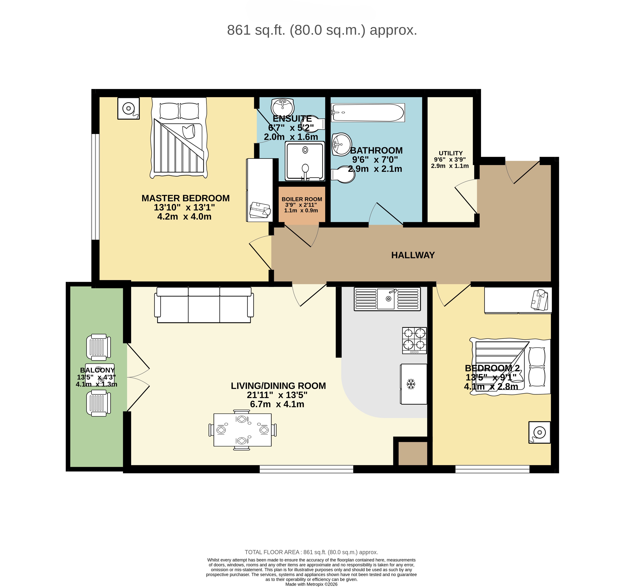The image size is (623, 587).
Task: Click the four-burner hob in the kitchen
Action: [414, 341]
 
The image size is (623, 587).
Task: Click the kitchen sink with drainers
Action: [387, 299]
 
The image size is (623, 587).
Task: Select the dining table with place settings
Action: [242, 430]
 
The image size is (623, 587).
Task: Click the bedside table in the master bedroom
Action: [128, 108]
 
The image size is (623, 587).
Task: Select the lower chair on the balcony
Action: [98, 403]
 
